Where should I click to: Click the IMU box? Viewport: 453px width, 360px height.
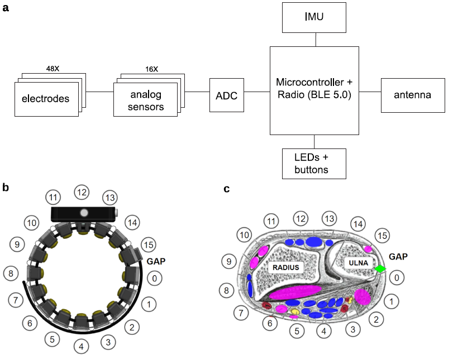point(317,17)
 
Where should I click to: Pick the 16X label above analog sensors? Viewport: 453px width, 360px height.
point(151,69)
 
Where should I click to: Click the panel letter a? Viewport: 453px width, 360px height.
point(6,8)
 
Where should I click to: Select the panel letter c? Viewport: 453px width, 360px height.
point(226,189)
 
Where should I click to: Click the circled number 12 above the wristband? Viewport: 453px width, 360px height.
point(82,193)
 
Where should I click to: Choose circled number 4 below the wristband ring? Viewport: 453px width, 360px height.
point(82,347)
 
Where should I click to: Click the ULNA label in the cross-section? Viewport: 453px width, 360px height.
point(357,262)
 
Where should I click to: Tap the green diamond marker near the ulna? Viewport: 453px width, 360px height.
point(380,269)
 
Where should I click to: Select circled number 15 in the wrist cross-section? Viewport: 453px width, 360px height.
point(382,236)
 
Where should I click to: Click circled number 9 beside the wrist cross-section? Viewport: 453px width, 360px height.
point(228,260)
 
